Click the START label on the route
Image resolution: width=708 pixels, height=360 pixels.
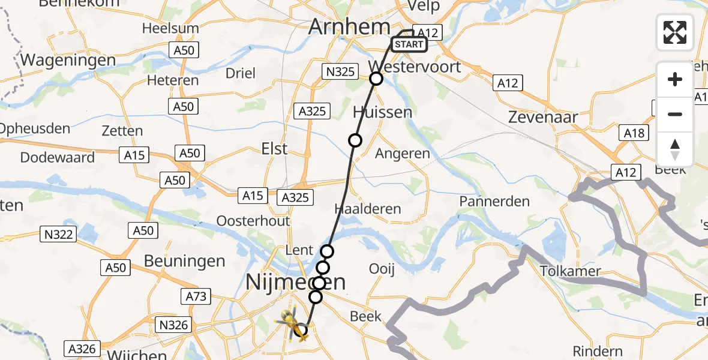click(409, 44)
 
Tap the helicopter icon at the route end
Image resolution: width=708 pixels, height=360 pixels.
click(293, 325)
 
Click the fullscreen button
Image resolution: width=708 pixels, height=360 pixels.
click(675, 32)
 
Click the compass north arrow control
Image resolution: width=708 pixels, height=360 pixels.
click(675, 149)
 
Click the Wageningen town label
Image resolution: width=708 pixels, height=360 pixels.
click(68, 60)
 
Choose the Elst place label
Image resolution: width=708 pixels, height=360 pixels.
click(275, 148)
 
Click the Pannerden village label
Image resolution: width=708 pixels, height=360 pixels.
click(494, 201)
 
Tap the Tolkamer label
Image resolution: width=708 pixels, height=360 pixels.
click(570, 271)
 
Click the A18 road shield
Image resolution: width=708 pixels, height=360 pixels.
click(634, 133)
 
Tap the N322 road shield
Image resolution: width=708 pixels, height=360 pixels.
click(59, 234)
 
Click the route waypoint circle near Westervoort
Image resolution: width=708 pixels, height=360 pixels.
click(376, 79)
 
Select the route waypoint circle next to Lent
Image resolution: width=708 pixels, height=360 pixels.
click(327, 251)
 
